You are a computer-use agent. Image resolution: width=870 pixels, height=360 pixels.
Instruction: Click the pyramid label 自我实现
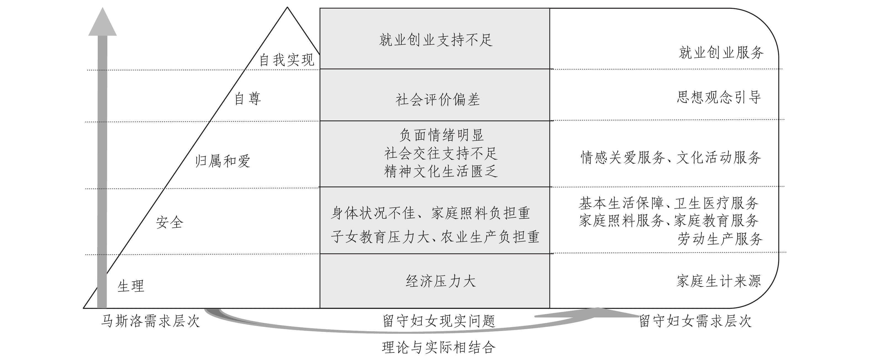[287, 60]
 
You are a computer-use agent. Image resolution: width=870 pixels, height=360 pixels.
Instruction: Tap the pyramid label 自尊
[247, 99]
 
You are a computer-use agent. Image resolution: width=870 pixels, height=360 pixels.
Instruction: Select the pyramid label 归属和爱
[223, 161]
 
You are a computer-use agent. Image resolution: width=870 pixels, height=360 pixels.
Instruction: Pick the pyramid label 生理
[131, 286]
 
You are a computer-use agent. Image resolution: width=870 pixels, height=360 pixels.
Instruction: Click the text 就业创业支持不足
[436, 40]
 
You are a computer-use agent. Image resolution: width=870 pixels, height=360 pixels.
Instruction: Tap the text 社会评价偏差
[438, 100]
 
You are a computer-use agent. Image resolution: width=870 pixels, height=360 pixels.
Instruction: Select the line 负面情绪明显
[441, 135]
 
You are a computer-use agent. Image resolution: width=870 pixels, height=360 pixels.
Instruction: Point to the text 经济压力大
[441, 281]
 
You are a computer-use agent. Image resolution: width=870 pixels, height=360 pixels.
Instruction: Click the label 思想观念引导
[719, 97]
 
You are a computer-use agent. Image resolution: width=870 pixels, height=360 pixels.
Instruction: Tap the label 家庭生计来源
[719, 281]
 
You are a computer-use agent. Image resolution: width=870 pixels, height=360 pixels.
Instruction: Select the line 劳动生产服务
[720, 239]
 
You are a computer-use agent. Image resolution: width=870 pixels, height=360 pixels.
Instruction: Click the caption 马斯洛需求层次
[150, 321]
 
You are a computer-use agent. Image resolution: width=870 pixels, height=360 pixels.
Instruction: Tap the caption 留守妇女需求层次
[695, 321]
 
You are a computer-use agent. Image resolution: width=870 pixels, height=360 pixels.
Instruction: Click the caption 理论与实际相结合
[439, 347]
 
